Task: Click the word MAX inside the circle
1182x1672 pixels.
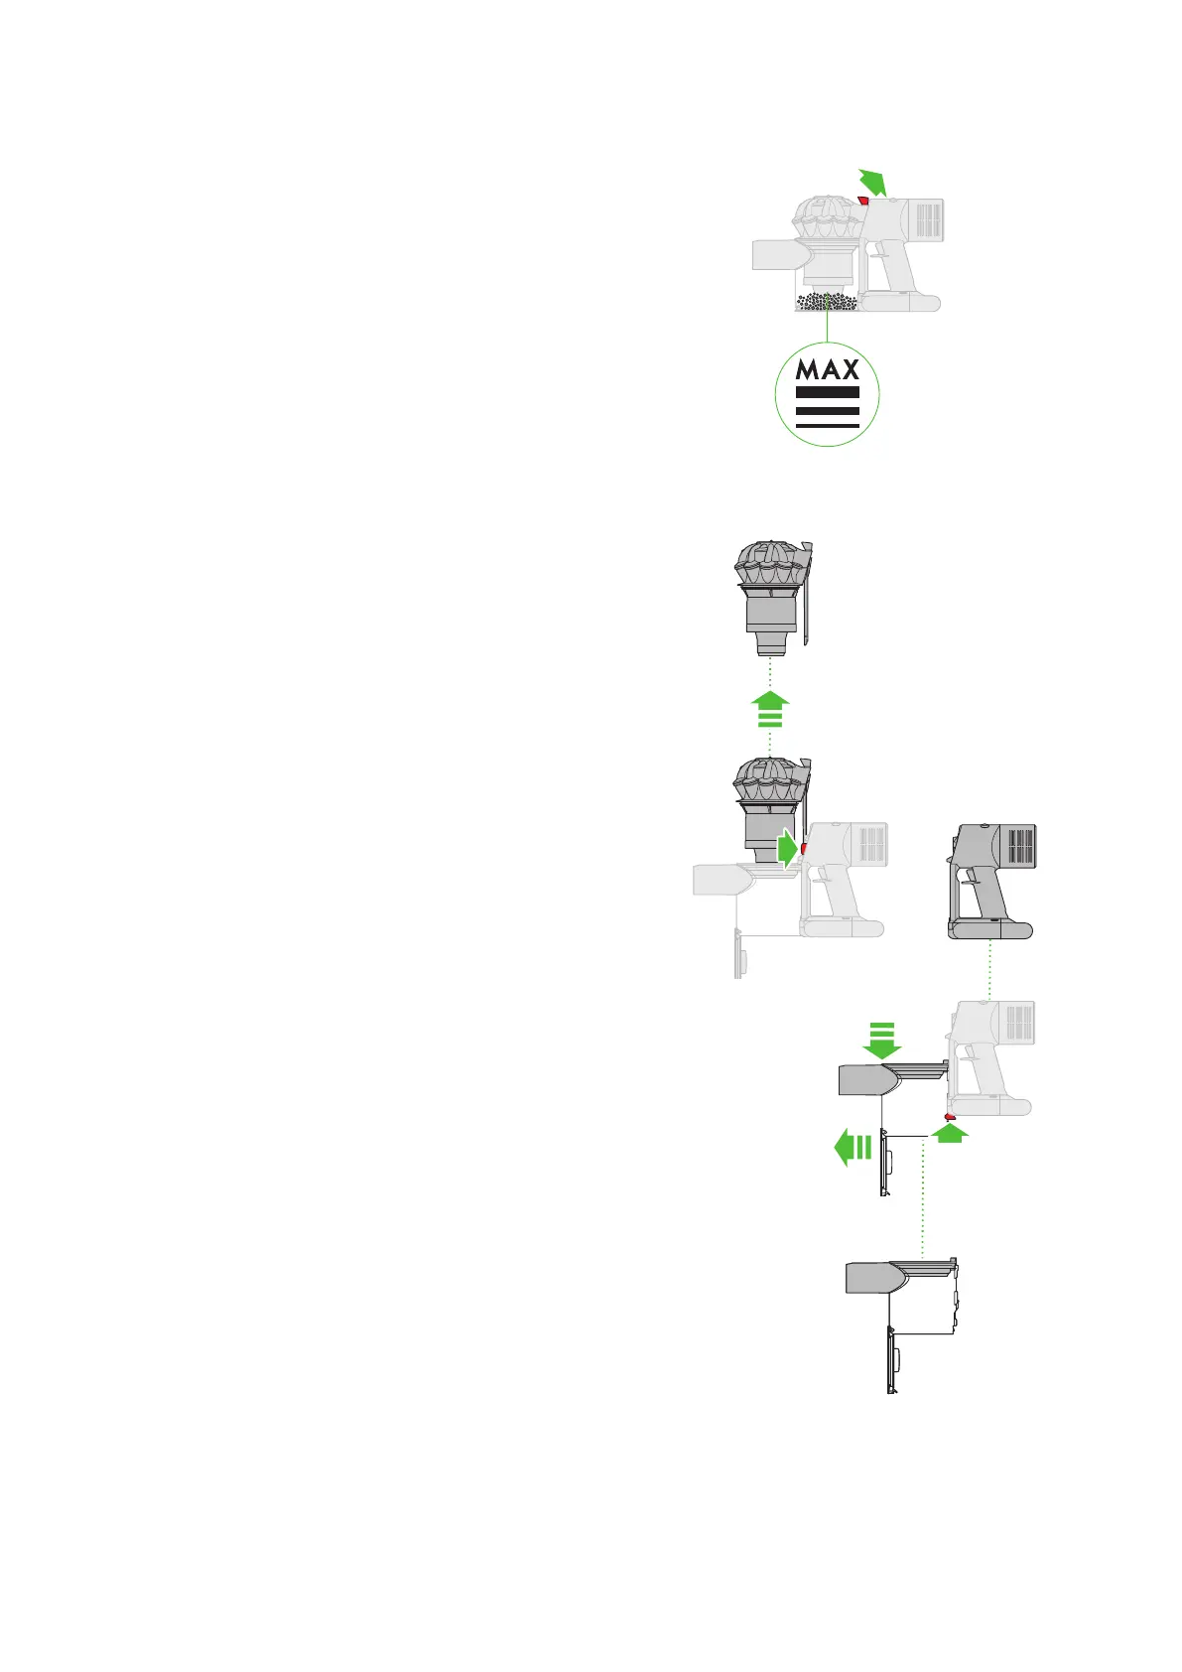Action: pyautogui.click(x=828, y=370)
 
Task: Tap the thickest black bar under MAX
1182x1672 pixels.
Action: pyautogui.click(x=828, y=393)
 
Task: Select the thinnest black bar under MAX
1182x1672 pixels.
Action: pyautogui.click(x=828, y=426)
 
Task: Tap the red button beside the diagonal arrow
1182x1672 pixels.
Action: pyautogui.click(x=862, y=201)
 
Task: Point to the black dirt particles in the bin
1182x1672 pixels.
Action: pyautogui.click(x=828, y=301)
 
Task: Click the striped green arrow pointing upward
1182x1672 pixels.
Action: pyautogui.click(x=772, y=711)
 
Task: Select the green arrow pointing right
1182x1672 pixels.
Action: pyautogui.click(x=786, y=850)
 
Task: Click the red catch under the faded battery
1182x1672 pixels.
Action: pyautogui.click(x=950, y=1117)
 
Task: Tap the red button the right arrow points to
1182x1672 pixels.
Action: pyautogui.click(x=802, y=850)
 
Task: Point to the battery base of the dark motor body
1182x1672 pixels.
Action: pyautogui.click(x=991, y=930)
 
